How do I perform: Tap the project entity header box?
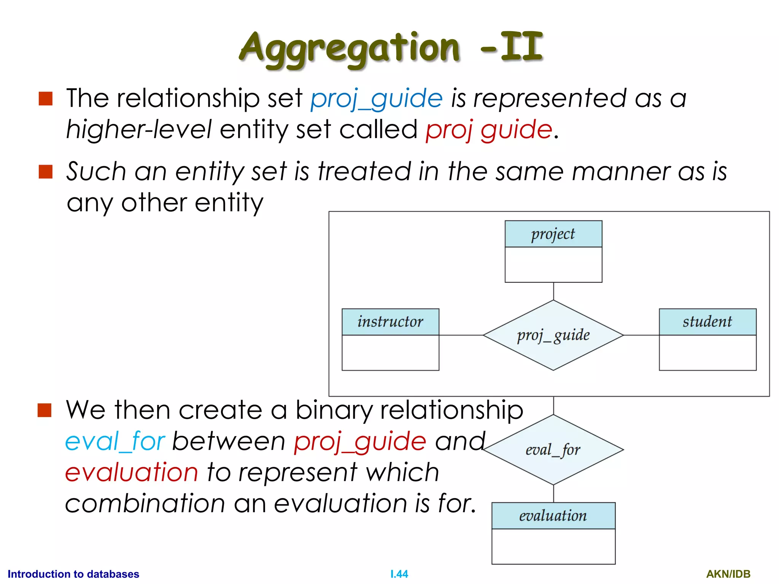point(553,234)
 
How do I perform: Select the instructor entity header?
point(390,322)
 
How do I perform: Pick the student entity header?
point(707,322)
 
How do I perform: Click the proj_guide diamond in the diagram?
point(553,335)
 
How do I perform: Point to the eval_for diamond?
point(553,450)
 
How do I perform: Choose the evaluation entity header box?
point(553,516)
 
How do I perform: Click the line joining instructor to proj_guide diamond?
point(461,335)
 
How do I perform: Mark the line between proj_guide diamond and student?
point(641,335)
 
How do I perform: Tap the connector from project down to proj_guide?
point(553,291)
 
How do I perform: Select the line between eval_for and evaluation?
point(553,494)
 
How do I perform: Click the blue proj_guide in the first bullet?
point(377,99)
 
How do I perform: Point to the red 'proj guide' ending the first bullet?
point(488,130)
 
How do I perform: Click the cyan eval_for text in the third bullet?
point(115,442)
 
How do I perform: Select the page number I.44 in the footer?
point(399,574)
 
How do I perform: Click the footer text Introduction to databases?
point(73,574)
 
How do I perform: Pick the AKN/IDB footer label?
point(728,574)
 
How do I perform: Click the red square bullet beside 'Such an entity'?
point(46,171)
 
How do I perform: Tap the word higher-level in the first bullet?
point(139,130)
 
